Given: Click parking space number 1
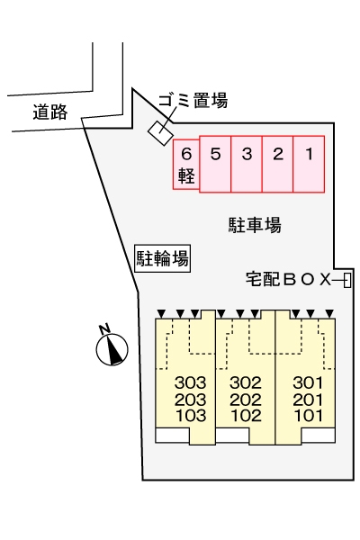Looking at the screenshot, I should [x=309, y=163].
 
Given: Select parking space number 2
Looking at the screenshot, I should [x=278, y=163].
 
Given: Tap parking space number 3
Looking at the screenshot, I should [x=247, y=163].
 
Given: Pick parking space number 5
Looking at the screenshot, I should [x=215, y=163].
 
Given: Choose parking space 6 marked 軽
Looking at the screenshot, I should [x=185, y=164].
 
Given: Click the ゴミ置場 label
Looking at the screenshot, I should [x=192, y=101].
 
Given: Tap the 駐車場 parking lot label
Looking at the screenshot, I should [x=255, y=225].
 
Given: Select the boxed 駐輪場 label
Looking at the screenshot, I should [x=162, y=259].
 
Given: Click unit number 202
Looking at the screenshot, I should [x=244, y=400].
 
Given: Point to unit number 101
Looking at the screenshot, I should [x=307, y=415].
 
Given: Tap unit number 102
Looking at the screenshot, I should [x=244, y=415].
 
